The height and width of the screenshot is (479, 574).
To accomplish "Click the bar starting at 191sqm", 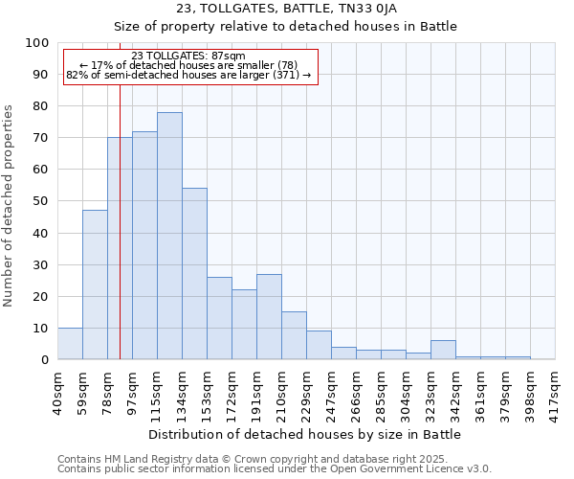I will pyautogui.click(x=269, y=316).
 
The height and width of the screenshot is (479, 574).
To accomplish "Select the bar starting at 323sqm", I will pyautogui.click(x=443, y=350).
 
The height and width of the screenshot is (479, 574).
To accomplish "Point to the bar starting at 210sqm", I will pyautogui.click(x=294, y=335).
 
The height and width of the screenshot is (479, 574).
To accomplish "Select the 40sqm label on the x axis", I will pyautogui.click(x=58, y=391).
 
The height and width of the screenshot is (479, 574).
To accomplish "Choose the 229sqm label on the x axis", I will pyautogui.click(x=307, y=391).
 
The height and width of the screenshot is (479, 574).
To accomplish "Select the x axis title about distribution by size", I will pyautogui.click(x=306, y=434).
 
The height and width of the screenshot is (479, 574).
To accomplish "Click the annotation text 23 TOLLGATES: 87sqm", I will pyautogui.click(x=188, y=56).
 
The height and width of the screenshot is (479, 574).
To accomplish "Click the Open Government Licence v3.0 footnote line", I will pyautogui.click(x=275, y=468).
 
